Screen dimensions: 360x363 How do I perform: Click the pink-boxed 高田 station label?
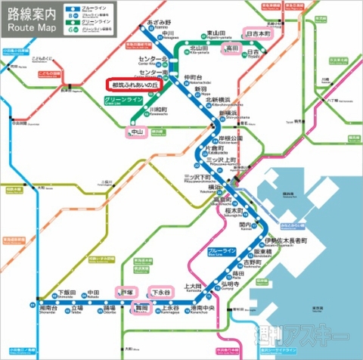(x=231, y=48)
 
